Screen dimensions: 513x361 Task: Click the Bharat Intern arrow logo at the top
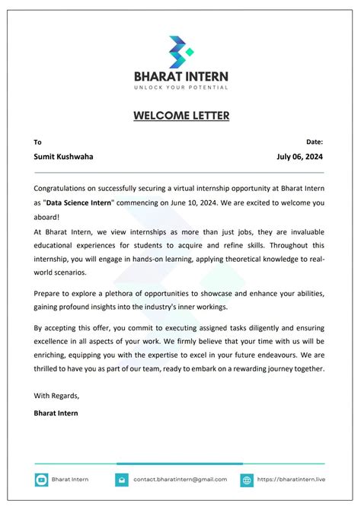coord(180,51)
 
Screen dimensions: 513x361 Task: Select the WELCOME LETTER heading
coord(180,116)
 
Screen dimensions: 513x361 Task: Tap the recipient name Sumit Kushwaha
coord(63,157)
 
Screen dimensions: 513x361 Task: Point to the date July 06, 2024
coord(300,157)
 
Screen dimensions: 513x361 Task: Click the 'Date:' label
coord(315,142)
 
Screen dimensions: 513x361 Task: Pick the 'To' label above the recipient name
coord(37,142)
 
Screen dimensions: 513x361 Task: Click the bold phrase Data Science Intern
coord(79,202)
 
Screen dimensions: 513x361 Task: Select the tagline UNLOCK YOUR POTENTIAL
coord(180,88)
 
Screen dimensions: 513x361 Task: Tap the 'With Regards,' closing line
coord(56,395)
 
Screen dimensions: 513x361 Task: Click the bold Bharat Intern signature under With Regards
coord(56,413)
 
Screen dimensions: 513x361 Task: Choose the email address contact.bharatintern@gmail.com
coord(180,480)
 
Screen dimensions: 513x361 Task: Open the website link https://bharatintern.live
coord(290,480)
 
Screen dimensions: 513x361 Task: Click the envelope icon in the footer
coord(122,480)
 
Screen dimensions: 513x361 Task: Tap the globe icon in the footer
coord(247,480)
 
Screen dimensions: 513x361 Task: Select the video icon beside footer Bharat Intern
coord(41,480)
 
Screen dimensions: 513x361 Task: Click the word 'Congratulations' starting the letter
coord(62,187)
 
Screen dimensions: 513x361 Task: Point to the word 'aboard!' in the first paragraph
coord(48,217)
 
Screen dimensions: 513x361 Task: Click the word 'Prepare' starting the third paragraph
coord(49,292)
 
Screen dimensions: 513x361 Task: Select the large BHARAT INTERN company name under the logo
coord(180,76)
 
